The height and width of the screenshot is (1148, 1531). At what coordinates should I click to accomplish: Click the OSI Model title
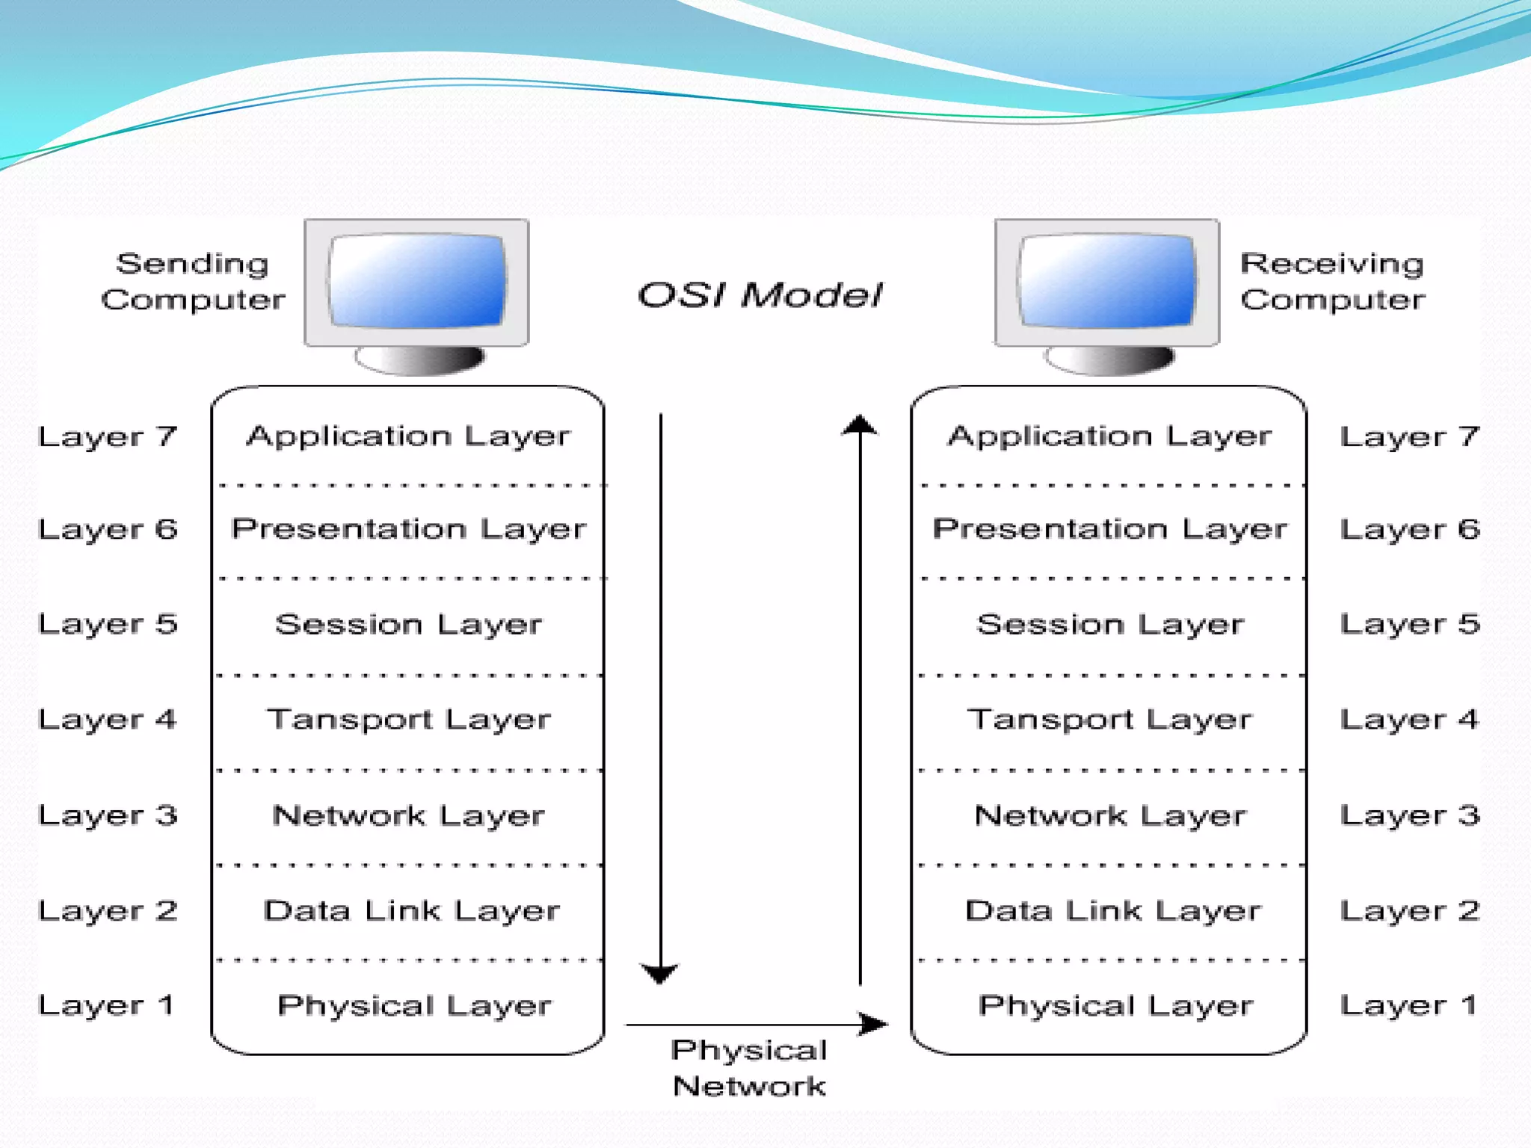coord(760,295)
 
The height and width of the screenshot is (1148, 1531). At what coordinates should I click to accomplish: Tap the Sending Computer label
coord(193,281)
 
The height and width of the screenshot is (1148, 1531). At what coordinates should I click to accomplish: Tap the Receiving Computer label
coord(1332,281)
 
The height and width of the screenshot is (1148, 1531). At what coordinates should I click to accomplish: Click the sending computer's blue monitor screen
coord(417,281)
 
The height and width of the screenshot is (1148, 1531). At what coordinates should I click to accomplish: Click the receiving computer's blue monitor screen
coord(1107,281)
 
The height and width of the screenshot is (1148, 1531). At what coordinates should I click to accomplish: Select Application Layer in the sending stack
coord(408,436)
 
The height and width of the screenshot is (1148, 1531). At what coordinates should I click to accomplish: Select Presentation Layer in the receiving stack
coord(1110,529)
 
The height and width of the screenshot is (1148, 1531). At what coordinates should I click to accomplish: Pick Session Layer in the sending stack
coord(408,624)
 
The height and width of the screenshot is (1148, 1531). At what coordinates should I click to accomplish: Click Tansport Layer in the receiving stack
coord(1110,719)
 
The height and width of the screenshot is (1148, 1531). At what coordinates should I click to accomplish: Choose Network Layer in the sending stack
coord(408,815)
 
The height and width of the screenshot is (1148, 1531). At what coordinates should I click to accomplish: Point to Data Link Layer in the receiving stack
coord(1112,910)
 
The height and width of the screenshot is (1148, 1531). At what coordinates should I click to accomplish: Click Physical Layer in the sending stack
coord(413,1005)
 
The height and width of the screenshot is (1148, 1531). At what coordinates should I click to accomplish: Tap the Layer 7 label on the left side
coord(108,436)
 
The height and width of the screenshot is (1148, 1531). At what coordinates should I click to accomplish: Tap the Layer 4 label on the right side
coord(1409,719)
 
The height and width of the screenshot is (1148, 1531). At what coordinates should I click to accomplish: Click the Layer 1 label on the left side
coord(106,1005)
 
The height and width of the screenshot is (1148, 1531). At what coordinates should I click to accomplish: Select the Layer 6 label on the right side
coord(1409,529)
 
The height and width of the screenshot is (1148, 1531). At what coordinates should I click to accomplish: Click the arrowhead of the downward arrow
coord(660,973)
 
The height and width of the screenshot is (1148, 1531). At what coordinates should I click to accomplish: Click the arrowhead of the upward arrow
coord(860,425)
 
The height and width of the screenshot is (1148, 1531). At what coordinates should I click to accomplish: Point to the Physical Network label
coord(749,1068)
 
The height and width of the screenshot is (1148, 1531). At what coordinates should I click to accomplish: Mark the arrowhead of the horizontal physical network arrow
coord(873,1023)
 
